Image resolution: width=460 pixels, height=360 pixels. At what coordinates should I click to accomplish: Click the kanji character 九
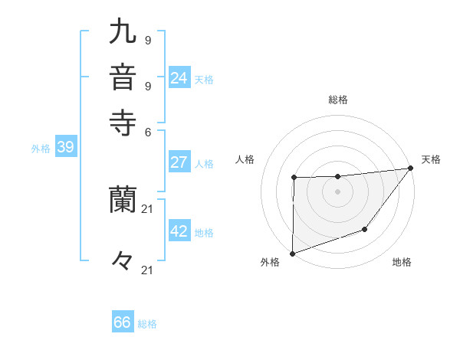tap(123, 33)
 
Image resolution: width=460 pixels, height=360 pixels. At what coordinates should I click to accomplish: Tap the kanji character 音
tap(123, 78)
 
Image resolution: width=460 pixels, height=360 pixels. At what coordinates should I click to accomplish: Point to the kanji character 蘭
tap(123, 201)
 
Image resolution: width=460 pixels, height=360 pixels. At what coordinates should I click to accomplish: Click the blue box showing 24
tap(179, 78)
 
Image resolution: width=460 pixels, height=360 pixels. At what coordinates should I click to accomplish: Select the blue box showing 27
tap(179, 162)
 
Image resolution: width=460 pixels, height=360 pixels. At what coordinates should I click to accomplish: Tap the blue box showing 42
tap(179, 231)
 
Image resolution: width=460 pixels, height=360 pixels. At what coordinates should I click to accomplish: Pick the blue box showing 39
tap(65, 148)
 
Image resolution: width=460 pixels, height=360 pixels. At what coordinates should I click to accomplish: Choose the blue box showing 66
tap(123, 322)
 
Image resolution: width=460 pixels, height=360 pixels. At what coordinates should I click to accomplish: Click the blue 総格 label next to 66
tap(148, 324)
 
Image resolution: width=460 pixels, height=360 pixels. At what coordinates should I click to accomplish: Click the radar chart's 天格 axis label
tap(431, 159)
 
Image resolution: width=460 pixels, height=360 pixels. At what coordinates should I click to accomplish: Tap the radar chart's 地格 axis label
tap(402, 262)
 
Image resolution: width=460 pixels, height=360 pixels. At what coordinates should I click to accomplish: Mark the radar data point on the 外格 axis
tap(292, 253)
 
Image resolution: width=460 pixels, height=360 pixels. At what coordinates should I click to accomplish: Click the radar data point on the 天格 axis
tap(411, 168)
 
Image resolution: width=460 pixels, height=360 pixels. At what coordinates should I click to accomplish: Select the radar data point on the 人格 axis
tap(294, 178)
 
